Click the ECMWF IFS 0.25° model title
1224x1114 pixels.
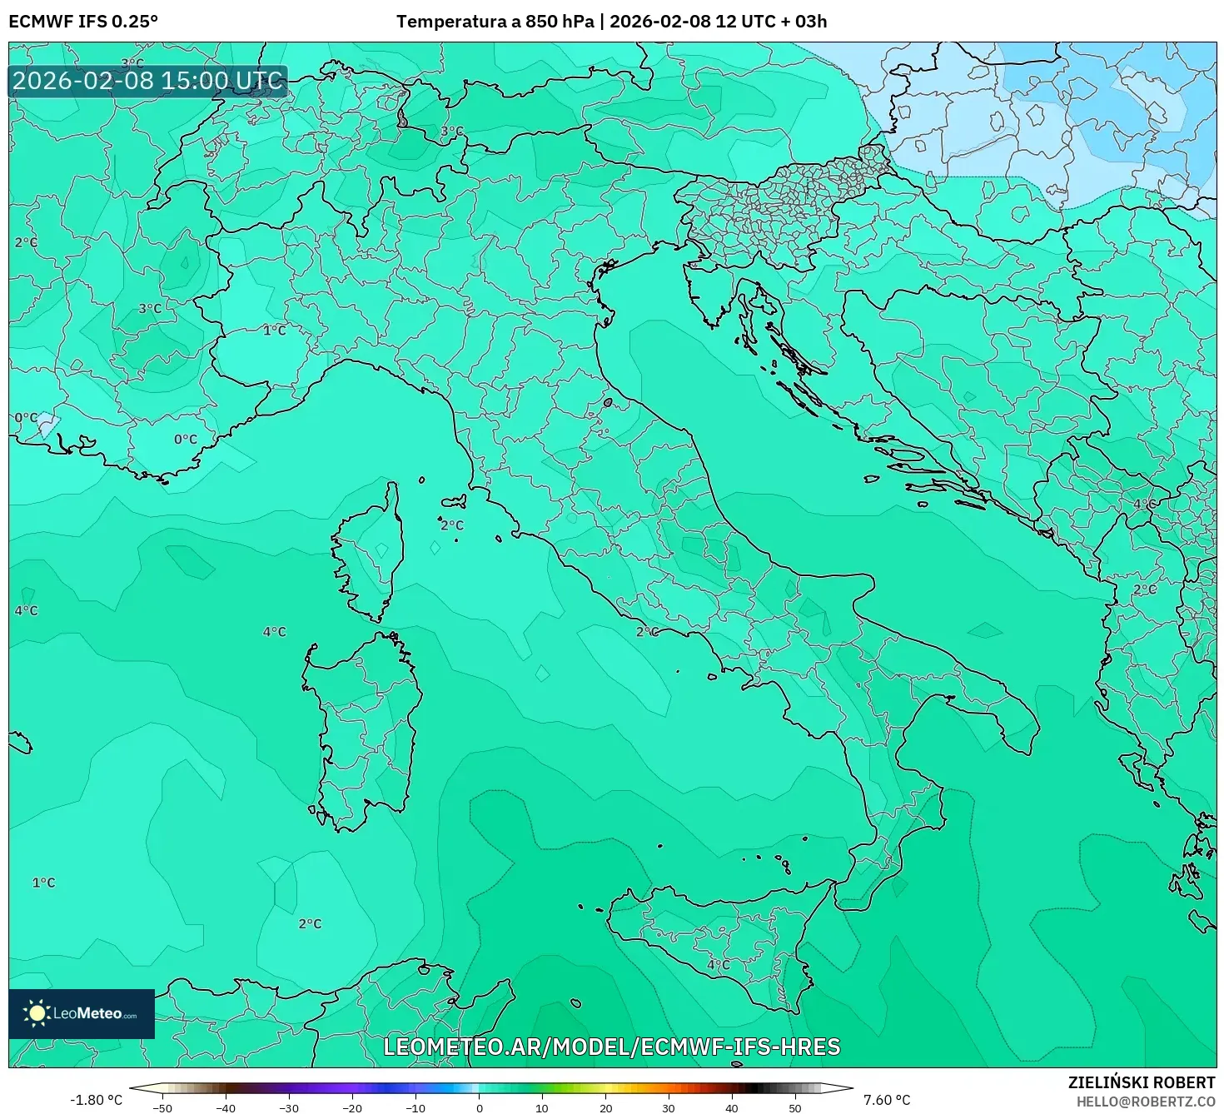click(83, 22)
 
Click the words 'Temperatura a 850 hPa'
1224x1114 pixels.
click(495, 22)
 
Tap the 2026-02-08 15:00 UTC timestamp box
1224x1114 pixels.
click(148, 81)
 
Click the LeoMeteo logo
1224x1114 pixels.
click(82, 1013)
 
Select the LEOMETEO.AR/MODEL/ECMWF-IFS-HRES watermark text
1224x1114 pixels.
click(611, 1047)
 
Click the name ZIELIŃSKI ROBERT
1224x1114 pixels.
click(1141, 1082)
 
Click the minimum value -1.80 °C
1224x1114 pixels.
click(96, 1100)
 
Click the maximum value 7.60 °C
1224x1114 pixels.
click(887, 1100)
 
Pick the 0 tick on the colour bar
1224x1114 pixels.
click(479, 1107)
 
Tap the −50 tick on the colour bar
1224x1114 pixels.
click(162, 1107)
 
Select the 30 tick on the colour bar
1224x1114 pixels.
click(669, 1107)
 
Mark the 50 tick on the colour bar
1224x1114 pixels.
click(795, 1107)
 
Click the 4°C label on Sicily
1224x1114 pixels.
click(718, 965)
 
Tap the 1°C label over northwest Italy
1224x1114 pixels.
click(274, 331)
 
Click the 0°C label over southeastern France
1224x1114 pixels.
click(185, 439)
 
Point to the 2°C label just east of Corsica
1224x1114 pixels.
click(451, 525)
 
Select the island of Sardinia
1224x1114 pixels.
click(362, 733)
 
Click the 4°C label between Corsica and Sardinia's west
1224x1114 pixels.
click(274, 632)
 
